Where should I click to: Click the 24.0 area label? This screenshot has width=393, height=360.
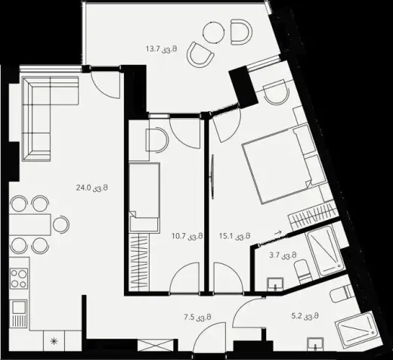92,188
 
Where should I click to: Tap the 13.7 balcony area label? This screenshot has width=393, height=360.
161,48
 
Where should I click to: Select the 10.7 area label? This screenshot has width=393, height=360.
187,236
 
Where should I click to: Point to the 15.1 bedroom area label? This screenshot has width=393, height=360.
234,236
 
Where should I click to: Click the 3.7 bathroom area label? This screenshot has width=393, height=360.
283,255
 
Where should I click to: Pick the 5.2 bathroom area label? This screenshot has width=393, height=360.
305,315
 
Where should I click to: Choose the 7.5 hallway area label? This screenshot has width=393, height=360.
197,317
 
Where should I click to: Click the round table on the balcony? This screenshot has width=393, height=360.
214,33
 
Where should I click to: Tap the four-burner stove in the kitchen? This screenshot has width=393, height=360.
19,278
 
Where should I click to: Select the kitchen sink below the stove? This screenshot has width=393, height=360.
18,313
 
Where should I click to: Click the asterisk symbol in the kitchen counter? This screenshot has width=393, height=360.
54,342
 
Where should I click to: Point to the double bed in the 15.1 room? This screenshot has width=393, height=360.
284,164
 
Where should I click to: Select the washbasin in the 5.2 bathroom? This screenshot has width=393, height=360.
315,344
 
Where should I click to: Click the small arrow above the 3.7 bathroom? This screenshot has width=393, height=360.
277,233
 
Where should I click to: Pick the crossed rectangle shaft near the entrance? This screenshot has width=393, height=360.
156,346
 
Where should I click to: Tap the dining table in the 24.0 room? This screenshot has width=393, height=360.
30,225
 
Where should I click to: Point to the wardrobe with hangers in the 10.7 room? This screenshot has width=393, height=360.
139,262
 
